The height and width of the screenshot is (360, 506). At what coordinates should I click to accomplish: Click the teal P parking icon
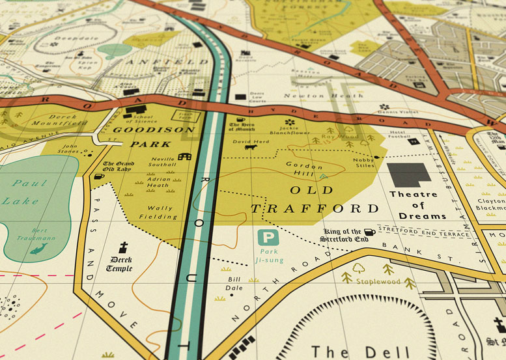point(268,238)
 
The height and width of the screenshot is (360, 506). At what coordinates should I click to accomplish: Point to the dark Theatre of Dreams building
point(409,174)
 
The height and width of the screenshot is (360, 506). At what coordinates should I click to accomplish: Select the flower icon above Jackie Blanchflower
point(290,122)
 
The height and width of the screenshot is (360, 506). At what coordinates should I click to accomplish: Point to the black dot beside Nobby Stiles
point(376,157)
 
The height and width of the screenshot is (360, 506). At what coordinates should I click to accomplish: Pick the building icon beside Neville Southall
point(185,157)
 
